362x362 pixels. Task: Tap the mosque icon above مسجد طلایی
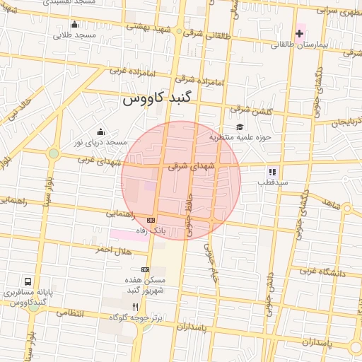click(x=75, y=25)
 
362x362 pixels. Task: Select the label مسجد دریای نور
click(x=104, y=142)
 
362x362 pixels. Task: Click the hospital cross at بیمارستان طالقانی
click(x=300, y=33)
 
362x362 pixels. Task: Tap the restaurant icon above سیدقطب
click(x=272, y=172)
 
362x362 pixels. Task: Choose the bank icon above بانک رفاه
click(x=150, y=220)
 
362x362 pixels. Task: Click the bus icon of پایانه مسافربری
click(x=28, y=281)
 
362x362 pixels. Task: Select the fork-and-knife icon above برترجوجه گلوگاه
click(x=136, y=307)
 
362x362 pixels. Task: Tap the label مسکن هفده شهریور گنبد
click(x=146, y=284)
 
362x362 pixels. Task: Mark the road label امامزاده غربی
click(x=129, y=71)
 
